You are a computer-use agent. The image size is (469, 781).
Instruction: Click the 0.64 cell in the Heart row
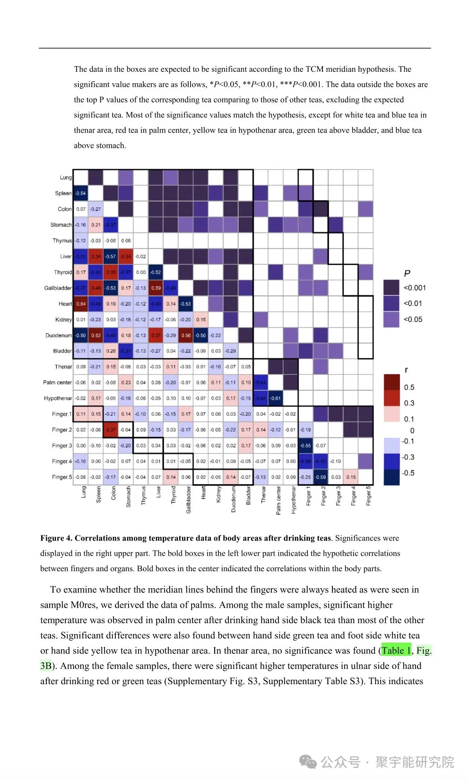81,304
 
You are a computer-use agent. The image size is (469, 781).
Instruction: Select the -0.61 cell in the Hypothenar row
276,398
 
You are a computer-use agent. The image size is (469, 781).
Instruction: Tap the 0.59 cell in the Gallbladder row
156,288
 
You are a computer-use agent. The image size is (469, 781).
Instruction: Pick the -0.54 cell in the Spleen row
81,193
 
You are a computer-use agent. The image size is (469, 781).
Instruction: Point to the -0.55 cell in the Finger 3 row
306,446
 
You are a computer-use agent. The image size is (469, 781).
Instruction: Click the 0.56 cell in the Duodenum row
186,335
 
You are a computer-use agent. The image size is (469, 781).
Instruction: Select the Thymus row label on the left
62,240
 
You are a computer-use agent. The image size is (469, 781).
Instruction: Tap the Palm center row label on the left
57,382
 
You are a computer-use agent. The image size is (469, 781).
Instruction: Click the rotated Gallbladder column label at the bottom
188,500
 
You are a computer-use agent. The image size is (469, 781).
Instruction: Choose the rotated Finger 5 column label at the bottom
368,496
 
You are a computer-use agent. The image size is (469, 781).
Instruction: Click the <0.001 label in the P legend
415,288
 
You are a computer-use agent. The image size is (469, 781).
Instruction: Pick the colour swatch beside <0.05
391,319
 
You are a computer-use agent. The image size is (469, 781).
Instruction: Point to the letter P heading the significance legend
407,273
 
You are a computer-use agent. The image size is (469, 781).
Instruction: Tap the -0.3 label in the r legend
408,457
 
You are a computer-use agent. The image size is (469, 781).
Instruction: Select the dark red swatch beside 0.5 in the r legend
392,382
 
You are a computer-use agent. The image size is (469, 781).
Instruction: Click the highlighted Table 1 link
396,651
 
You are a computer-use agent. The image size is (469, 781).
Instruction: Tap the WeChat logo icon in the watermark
308,762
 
